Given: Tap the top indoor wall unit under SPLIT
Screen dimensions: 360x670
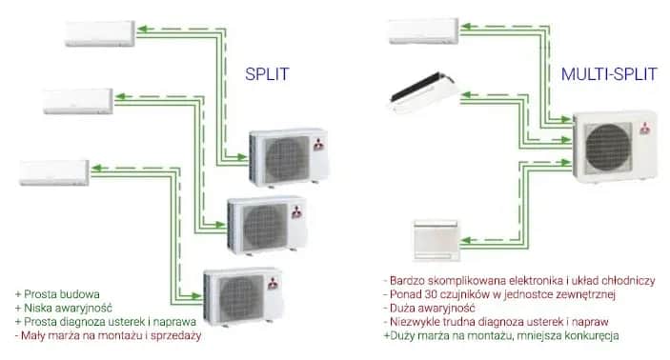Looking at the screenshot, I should click(101, 32).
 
